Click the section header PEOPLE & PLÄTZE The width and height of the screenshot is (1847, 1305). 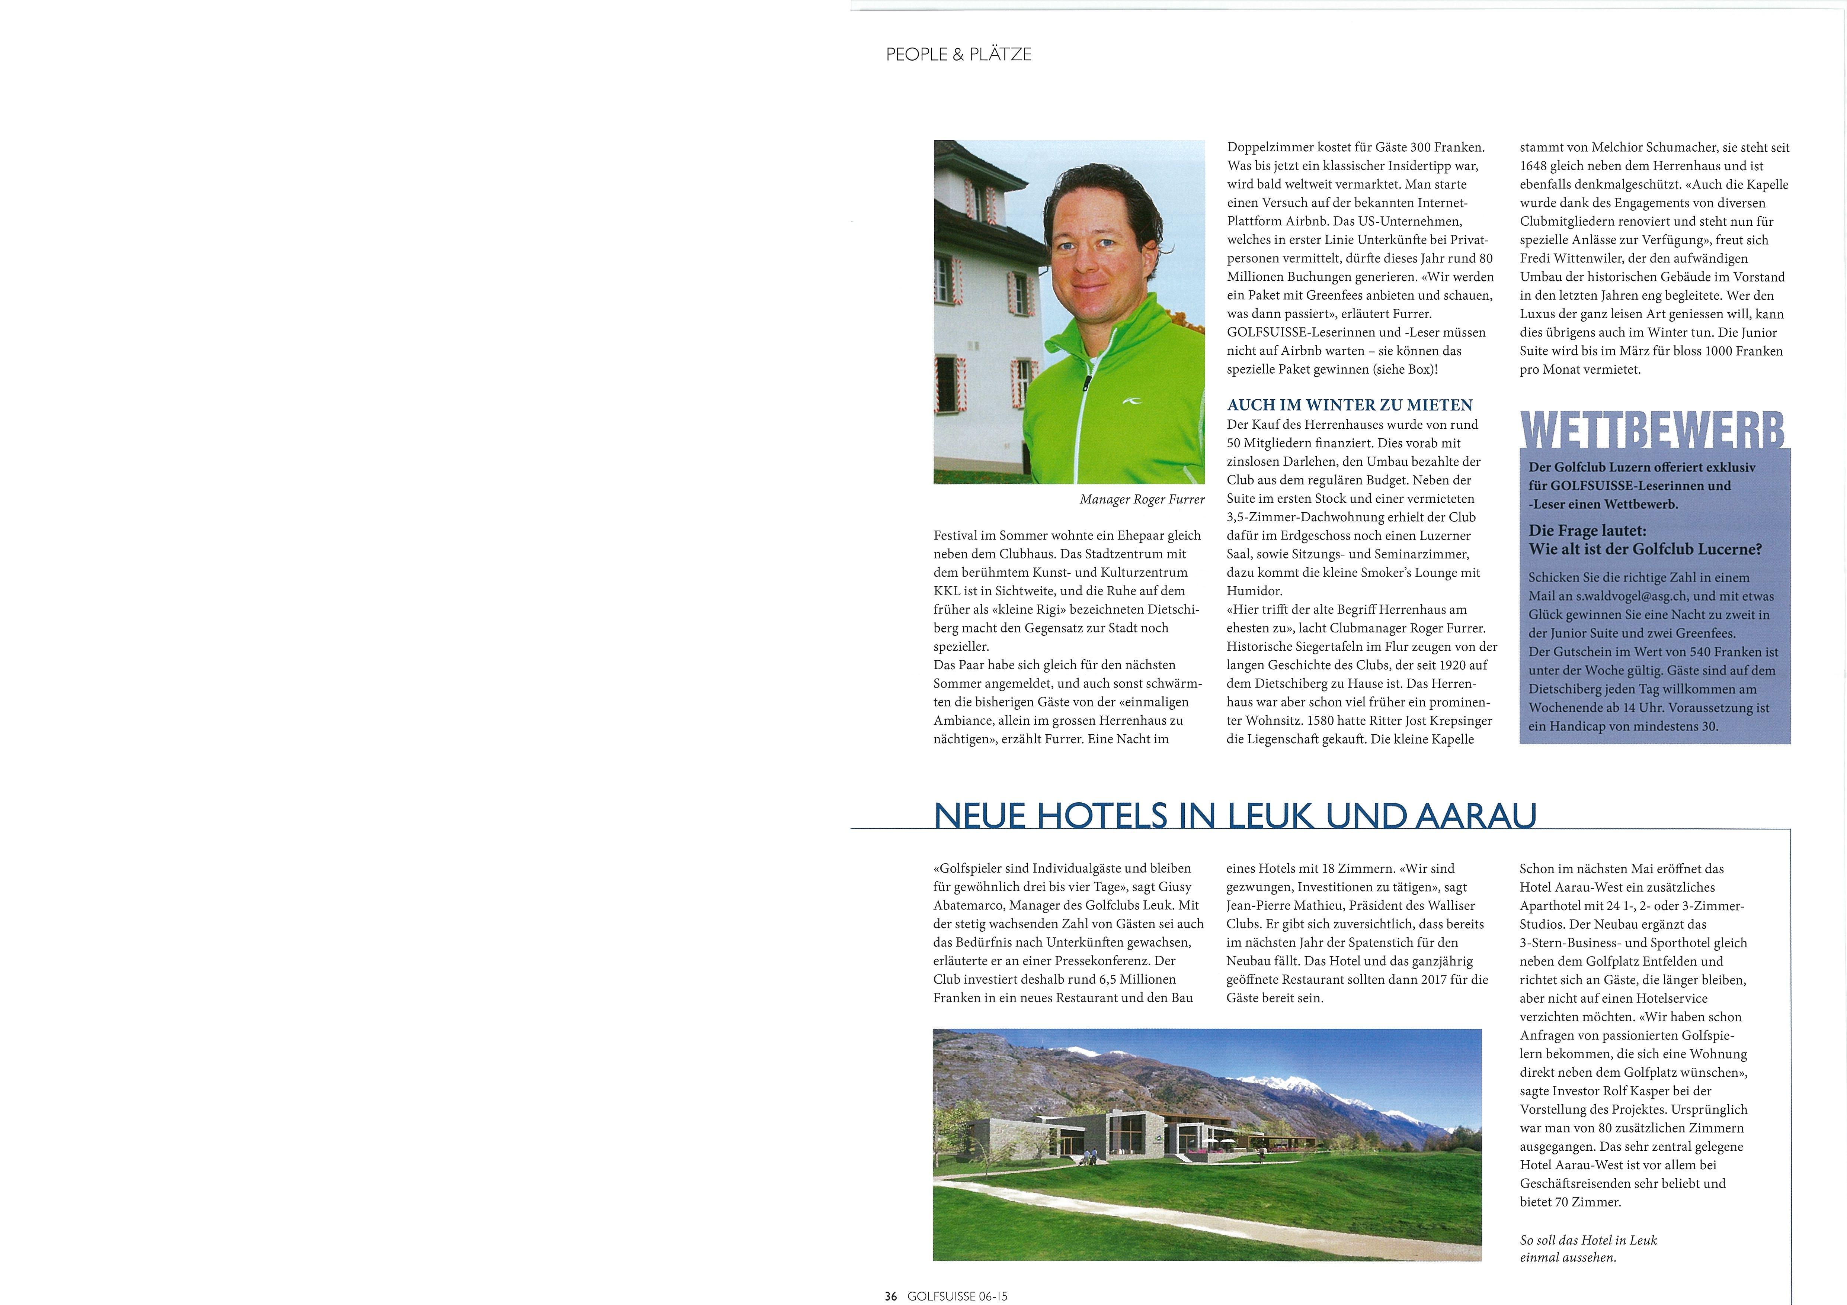958,55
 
